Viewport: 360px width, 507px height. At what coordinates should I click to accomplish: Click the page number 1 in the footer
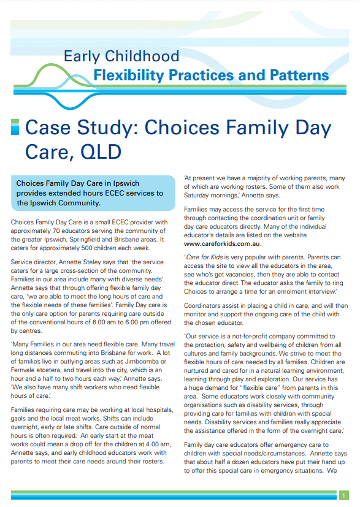point(344,495)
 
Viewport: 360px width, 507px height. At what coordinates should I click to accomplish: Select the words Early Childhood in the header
point(121,57)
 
